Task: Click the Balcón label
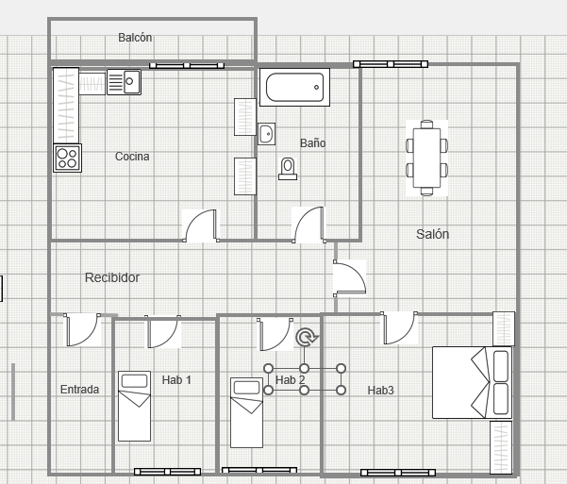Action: click(x=135, y=38)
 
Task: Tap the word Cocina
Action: click(x=132, y=157)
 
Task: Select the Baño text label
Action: click(x=313, y=142)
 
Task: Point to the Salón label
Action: click(x=432, y=234)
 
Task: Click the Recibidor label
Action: click(x=112, y=277)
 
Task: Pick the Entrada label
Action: click(x=79, y=390)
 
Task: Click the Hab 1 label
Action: click(x=176, y=380)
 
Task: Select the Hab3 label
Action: click(x=380, y=391)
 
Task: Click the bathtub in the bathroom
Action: click(x=294, y=87)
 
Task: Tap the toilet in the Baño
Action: click(x=288, y=169)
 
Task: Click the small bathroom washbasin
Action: click(x=266, y=134)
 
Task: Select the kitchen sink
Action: click(x=124, y=82)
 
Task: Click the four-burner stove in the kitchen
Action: click(x=67, y=159)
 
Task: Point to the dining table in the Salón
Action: click(x=426, y=159)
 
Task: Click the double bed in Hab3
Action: click(x=473, y=383)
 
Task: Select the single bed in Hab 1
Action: click(x=135, y=406)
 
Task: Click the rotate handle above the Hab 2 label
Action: click(x=307, y=337)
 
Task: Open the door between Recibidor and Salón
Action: click(x=349, y=277)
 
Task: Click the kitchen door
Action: click(x=200, y=225)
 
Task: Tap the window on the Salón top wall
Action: click(x=391, y=64)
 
